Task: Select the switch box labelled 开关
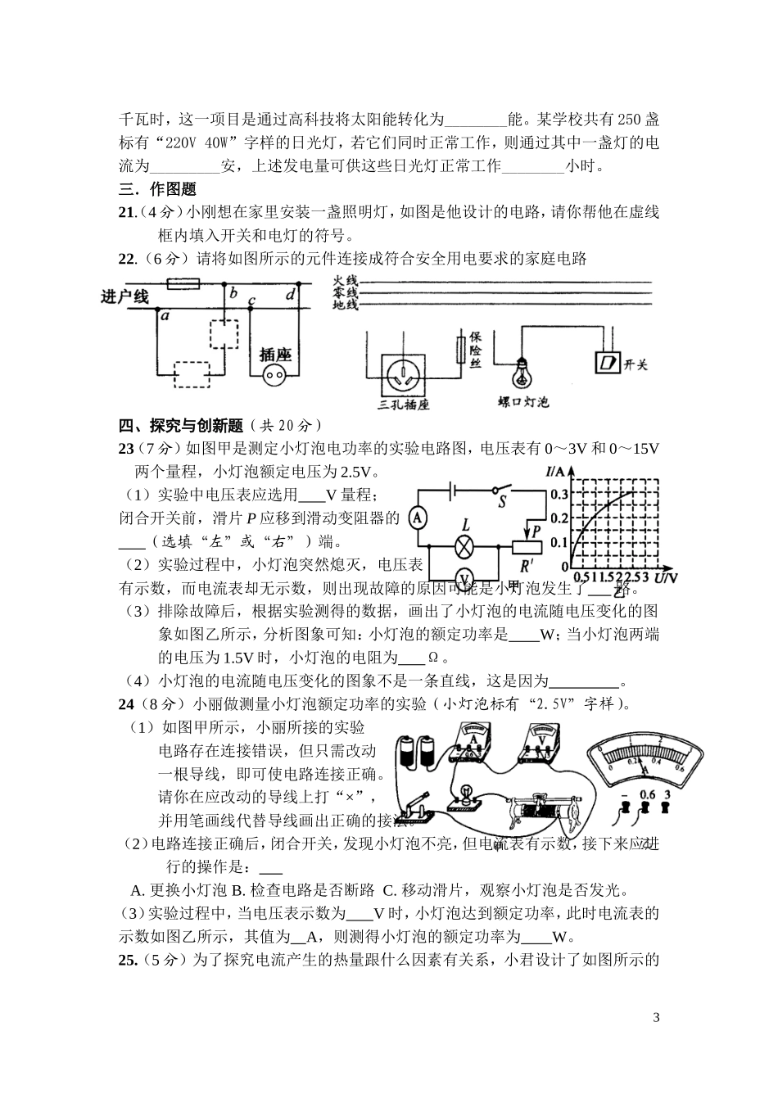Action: point(607,362)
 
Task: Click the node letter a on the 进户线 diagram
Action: point(165,314)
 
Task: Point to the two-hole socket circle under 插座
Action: point(274,376)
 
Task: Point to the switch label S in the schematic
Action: point(503,502)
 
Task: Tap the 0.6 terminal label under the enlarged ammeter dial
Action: point(647,794)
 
